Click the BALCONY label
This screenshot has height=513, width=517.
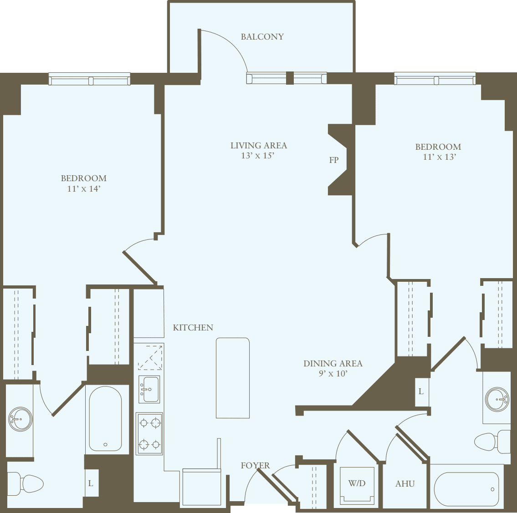pyautogui.click(x=262, y=37)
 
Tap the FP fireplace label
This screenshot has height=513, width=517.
pyautogui.click(x=334, y=160)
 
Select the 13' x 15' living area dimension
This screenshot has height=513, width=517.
pyautogui.click(x=258, y=156)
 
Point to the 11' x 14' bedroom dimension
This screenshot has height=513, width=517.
pyautogui.click(x=83, y=188)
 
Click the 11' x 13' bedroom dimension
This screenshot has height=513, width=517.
pyautogui.click(x=439, y=157)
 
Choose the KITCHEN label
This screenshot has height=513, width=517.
pyautogui.click(x=193, y=327)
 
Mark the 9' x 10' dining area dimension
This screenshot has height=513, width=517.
pyautogui.click(x=333, y=374)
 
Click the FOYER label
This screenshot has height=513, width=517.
pyautogui.click(x=255, y=465)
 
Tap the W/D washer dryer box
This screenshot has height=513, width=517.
pyautogui.click(x=357, y=485)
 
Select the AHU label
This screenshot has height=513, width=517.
pyautogui.click(x=405, y=484)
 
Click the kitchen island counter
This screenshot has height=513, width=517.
pyautogui.click(x=233, y=378)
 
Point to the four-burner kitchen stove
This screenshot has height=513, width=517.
pyautogui.click(x=149, y=433)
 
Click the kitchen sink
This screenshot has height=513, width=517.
pyautogui.click(x=149, y=389)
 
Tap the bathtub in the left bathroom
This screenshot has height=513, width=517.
pyautogui.click(x=105, y=419)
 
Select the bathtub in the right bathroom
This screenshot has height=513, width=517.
pyautogui.click(x=466, y=489)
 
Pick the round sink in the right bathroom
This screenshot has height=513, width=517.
pyautogui.click(x=497, y=399)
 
